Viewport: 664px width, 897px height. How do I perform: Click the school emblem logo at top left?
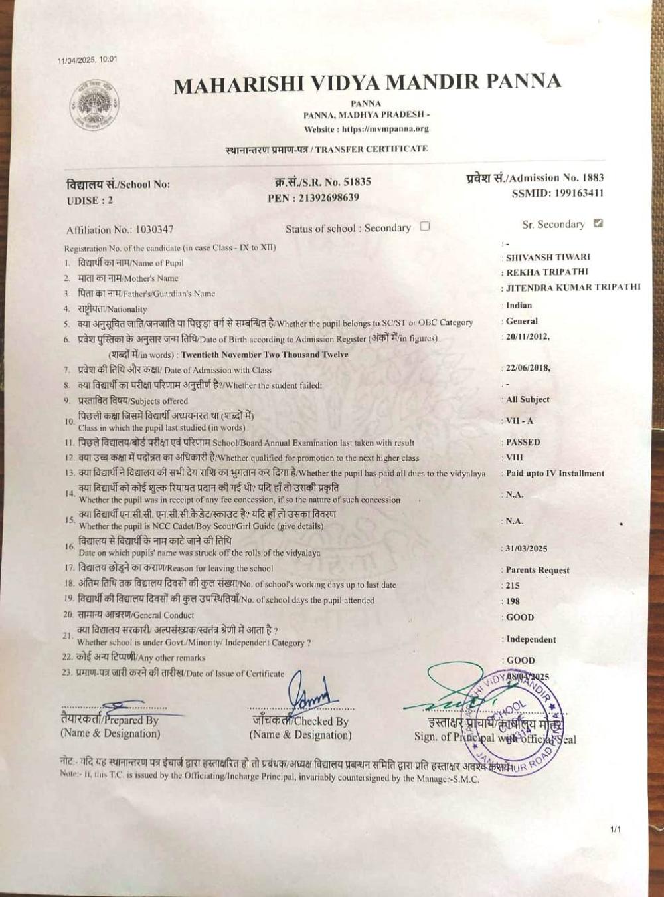point(96,105)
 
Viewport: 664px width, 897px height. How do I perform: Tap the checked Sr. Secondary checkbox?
point(598,223)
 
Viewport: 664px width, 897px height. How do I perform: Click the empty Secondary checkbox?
point(425,226)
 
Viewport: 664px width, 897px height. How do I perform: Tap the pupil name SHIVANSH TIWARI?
point(548,257)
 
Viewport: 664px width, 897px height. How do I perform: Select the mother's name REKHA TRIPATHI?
point(547,272)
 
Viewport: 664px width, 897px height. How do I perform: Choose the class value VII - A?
point(520,421)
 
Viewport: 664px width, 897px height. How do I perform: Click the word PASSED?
point(523,442)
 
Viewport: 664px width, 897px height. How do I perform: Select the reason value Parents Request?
point(538,570)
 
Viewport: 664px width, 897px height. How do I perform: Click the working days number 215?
point(513,585)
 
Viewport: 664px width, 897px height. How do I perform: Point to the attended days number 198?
point(513,601)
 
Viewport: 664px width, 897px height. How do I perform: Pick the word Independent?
point(531,639)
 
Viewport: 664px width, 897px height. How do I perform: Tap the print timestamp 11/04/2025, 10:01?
point(88,60)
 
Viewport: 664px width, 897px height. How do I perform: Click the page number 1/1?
point(615,829)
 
